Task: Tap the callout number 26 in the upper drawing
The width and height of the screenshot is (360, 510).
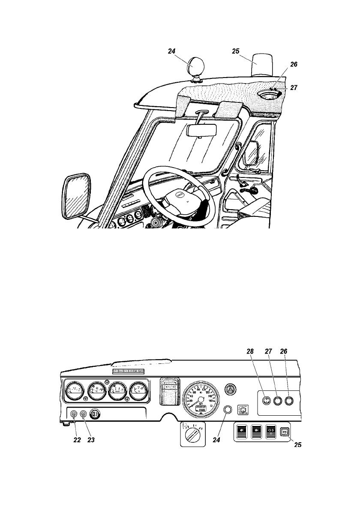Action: pyautogui.click(x=293, y=64)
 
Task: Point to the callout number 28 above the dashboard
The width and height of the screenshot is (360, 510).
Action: pyautogui.click(x=250, y=351)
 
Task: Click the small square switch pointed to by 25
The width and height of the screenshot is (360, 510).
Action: pyautogui.click(x=284, y=432)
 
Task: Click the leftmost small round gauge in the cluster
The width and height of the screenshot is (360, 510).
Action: pyautogui.click(x=74, y=391)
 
